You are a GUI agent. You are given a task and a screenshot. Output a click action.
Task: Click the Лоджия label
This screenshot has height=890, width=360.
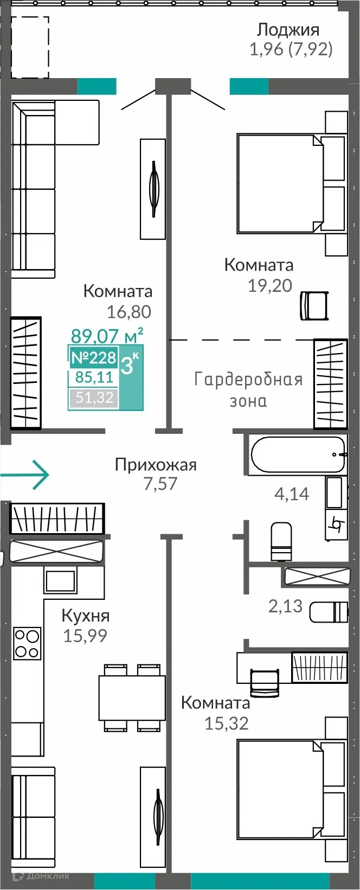pos(288,29)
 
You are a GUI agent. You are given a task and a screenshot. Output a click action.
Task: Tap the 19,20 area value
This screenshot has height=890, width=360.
pos(270,285)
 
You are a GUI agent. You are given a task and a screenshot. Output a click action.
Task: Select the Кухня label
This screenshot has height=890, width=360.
pos(86,616)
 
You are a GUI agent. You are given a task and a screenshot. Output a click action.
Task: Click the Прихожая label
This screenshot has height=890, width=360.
pos(156,465)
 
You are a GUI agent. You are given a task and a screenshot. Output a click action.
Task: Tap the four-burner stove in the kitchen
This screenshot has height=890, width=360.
pos(27,643)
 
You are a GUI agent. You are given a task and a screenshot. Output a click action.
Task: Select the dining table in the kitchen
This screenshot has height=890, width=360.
pos(132,697)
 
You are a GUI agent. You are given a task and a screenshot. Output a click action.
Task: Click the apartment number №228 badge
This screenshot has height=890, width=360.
pos(94,357)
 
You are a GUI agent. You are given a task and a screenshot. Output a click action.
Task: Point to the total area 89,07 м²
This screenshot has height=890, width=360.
pos(107,336)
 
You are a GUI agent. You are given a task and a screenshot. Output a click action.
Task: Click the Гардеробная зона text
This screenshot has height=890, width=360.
pos(248,389)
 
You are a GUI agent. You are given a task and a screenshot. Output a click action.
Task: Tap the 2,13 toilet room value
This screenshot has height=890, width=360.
pos(285,606)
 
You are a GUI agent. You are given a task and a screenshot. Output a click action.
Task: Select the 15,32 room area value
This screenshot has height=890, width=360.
pos(227,723)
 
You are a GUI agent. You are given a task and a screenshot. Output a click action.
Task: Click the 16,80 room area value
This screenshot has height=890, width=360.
pos(129,312)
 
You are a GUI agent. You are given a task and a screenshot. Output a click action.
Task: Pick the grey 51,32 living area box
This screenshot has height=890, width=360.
pos(94,398)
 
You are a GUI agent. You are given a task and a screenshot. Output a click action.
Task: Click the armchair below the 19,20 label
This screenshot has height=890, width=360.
pos(314,305)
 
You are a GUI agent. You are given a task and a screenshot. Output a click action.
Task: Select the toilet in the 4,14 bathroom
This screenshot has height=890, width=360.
pos(281,540)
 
